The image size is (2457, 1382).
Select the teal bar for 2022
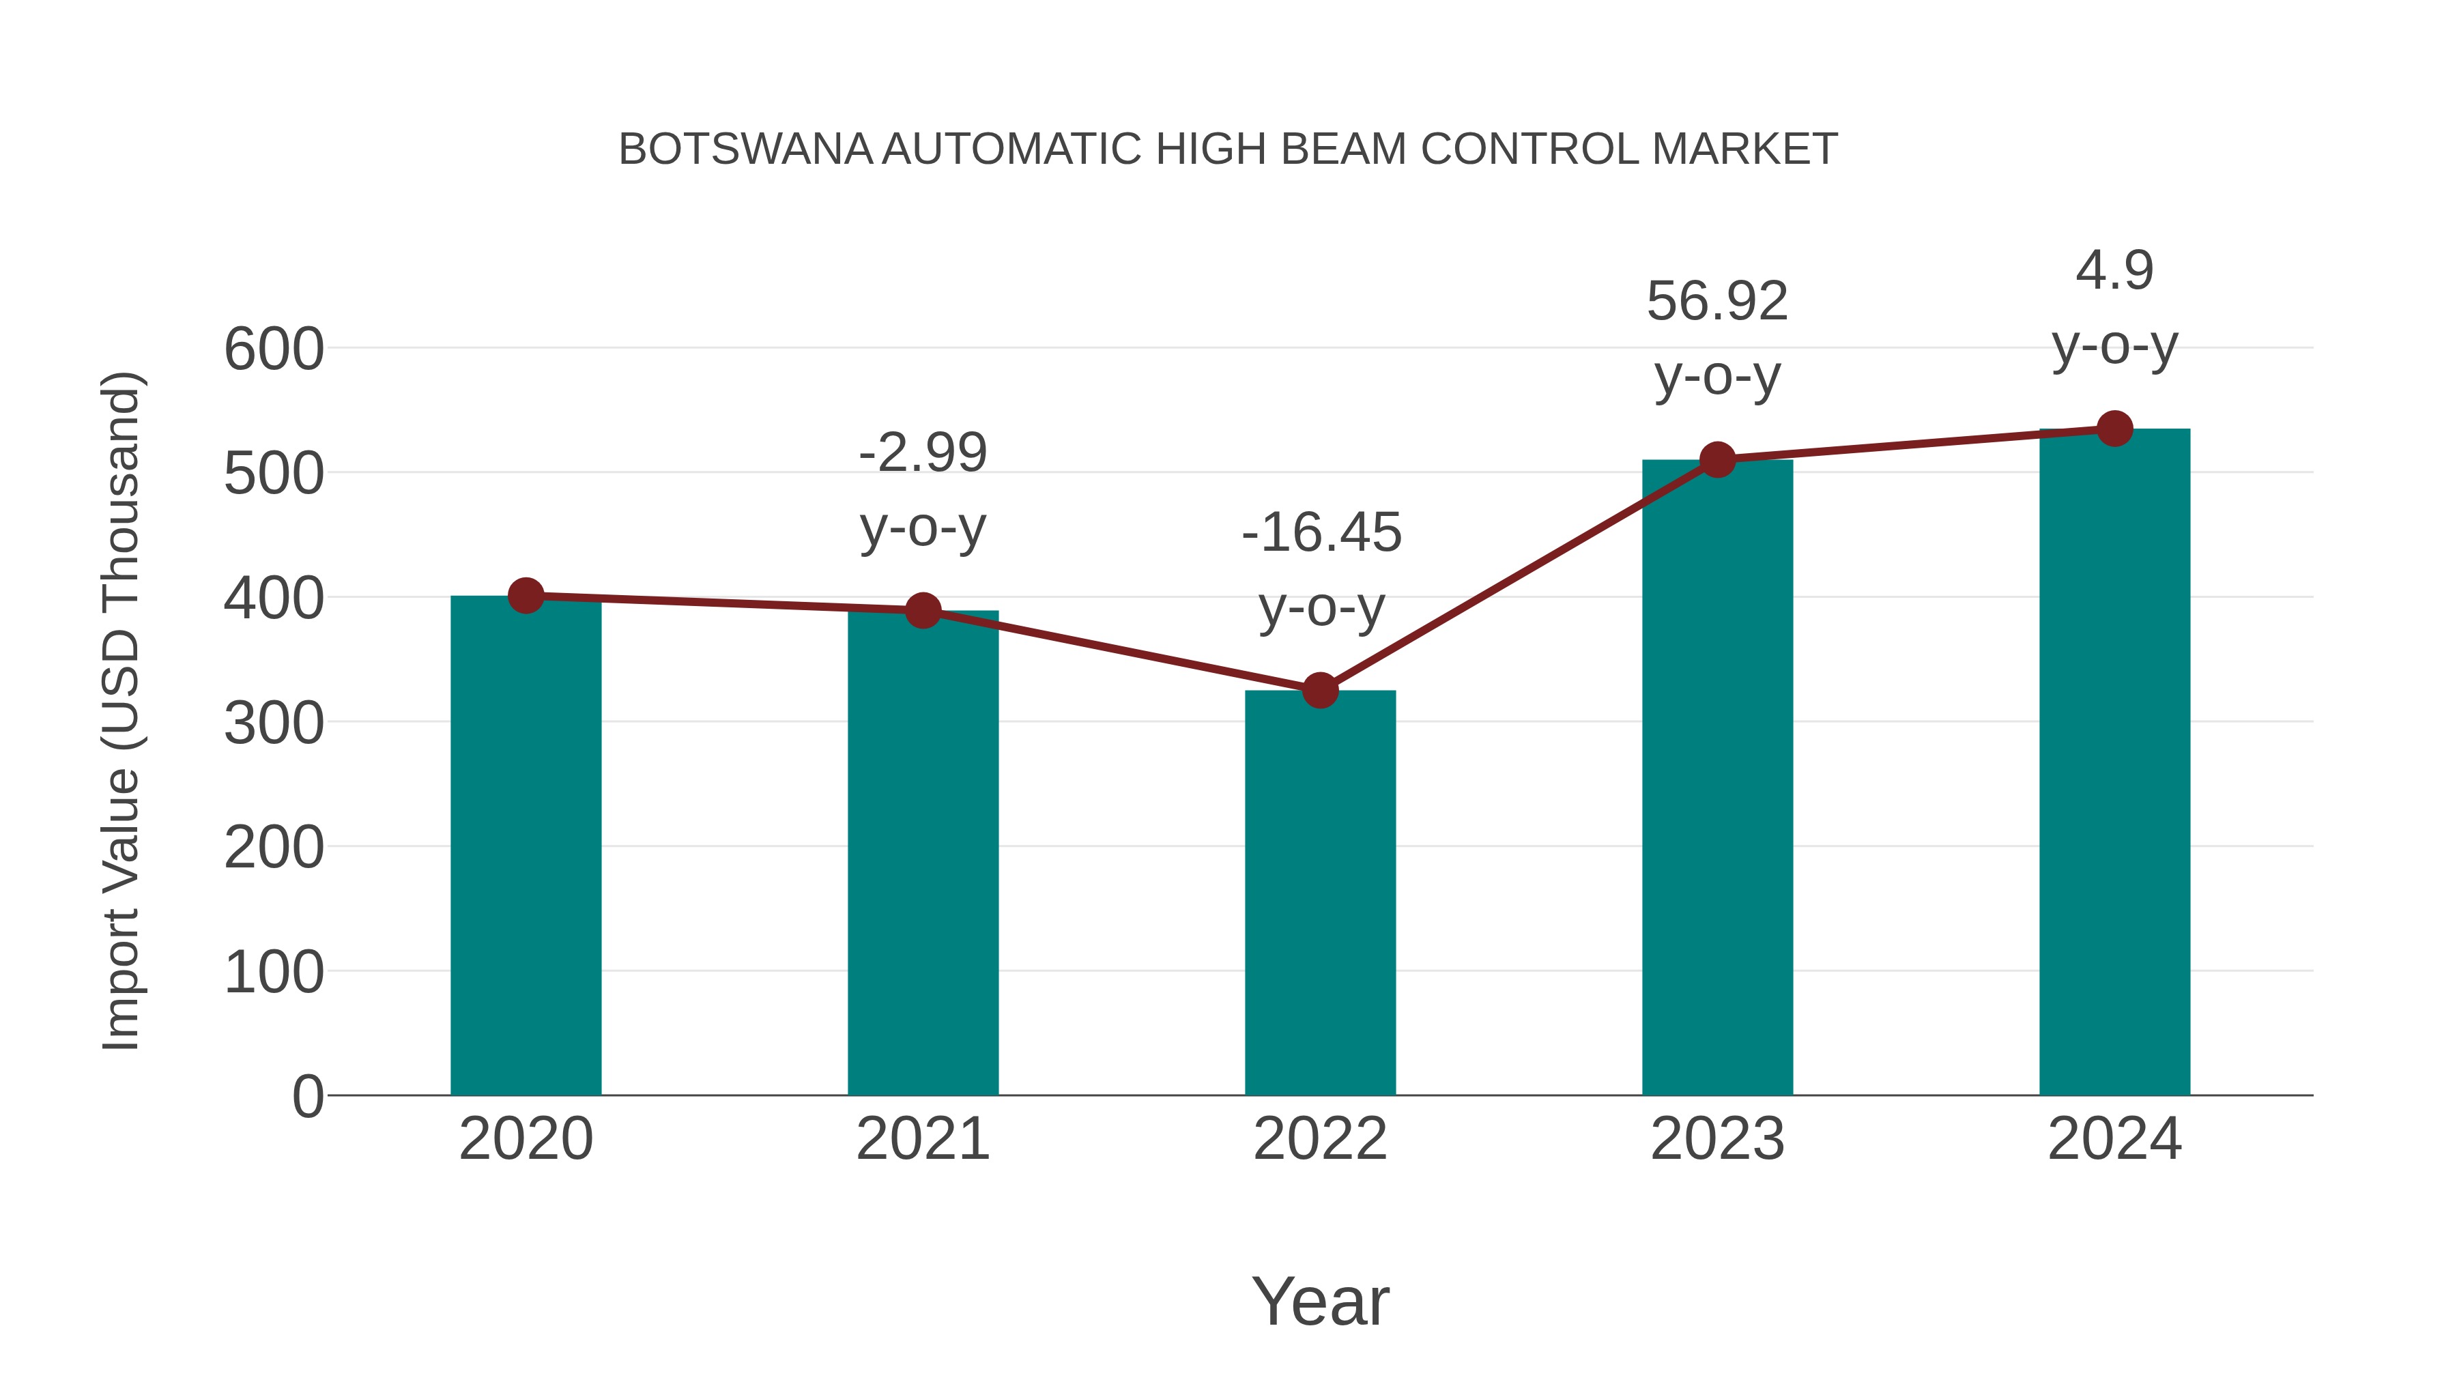point(1320,897)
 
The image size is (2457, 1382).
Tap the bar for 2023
point(1717,782)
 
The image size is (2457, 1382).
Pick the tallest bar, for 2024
point(2114,763)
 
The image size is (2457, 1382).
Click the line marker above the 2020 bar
point(526,596)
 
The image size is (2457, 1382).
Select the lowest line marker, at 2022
point(1320,689)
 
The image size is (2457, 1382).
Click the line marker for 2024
point(2114,429)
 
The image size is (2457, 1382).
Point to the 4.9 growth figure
point(2114,271)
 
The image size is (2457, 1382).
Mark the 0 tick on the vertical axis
point(307,1096)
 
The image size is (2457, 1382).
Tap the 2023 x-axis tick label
point(1717,1139)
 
